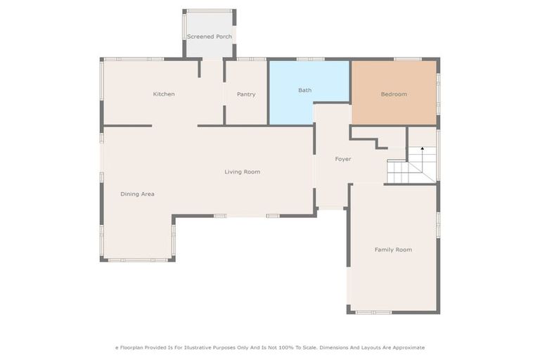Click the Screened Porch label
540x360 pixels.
(x=210, y=36)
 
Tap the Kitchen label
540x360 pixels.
(x=164, y=94)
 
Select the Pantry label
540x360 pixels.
(x=246, y=94)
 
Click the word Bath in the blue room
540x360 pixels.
(x=304, y=90)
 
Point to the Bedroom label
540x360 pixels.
(x=394, y=94)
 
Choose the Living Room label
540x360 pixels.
(x=242, y=172)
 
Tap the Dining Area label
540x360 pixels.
(x=137, y=194)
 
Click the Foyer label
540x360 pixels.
(x=342, y=159)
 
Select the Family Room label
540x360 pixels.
(x=393, y=250)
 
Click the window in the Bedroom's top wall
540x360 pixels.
(x=407, y=59)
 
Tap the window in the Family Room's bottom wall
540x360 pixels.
(x=373, y=312)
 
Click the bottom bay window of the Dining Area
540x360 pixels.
(x=137, y=260)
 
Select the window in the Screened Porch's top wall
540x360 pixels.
(x=210, y=11)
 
